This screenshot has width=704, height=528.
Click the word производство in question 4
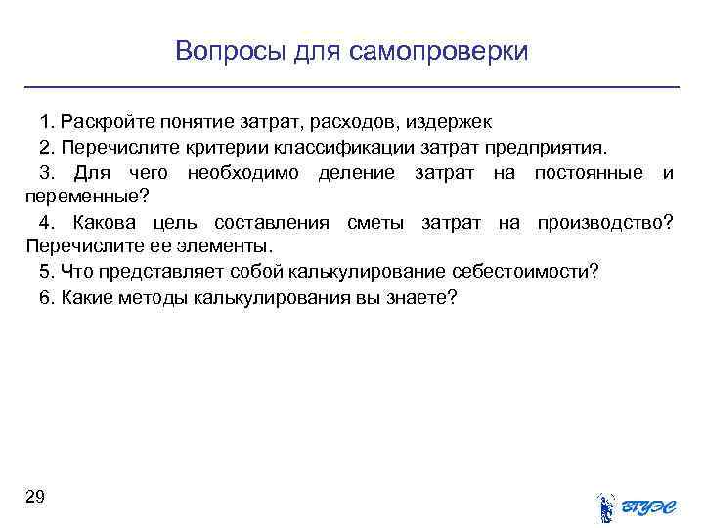[603, 223]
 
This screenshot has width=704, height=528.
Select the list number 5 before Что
[45, 272]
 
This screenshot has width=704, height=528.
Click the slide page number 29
[34, 498]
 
